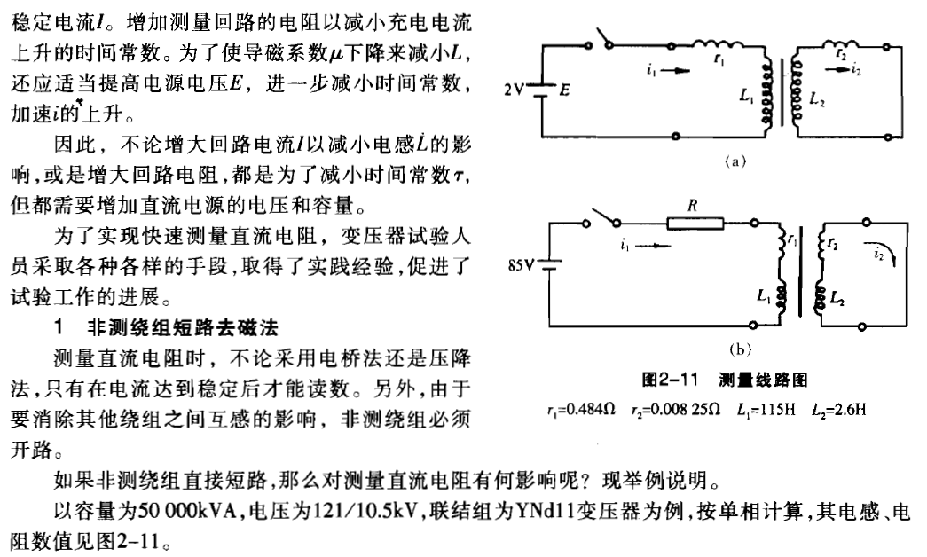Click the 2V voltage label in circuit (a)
pos(512,90)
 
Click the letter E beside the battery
pos(562,91)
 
